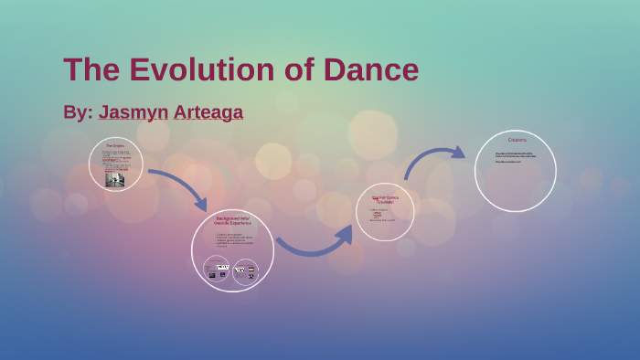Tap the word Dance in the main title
369,70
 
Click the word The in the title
91,70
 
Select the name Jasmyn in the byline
133,112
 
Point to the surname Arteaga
208,112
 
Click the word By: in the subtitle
77,112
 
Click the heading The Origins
115,146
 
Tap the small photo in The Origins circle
115,179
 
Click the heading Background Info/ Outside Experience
232,220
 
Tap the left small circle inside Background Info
217,270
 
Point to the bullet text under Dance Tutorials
382,215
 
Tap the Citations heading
516,140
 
